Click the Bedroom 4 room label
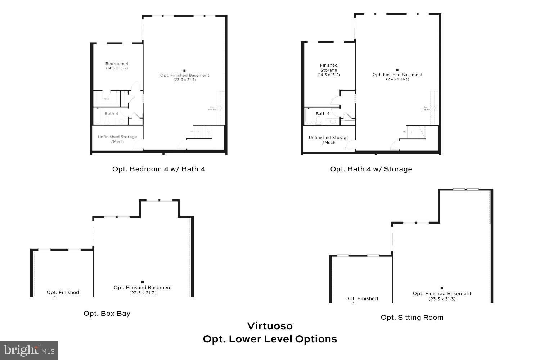point(117,64)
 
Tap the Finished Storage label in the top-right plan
point(329,68)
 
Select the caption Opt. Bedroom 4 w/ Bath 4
point(159,169)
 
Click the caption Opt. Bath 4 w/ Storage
point(371,169)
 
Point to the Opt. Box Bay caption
point(107,313)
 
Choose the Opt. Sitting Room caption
point(412,317)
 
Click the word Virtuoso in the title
point(270,326)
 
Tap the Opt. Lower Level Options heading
point(270,339)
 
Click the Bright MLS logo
point(29,350)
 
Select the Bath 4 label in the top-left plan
point(111,113)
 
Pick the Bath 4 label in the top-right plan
point(323,114)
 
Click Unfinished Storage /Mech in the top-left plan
point(117,139)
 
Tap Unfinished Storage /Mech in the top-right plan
point(329,140)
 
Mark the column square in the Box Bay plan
point(143,282)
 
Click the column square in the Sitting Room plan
point(442,288)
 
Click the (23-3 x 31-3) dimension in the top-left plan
point(185,80)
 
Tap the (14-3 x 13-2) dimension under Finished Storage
point(329,75)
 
